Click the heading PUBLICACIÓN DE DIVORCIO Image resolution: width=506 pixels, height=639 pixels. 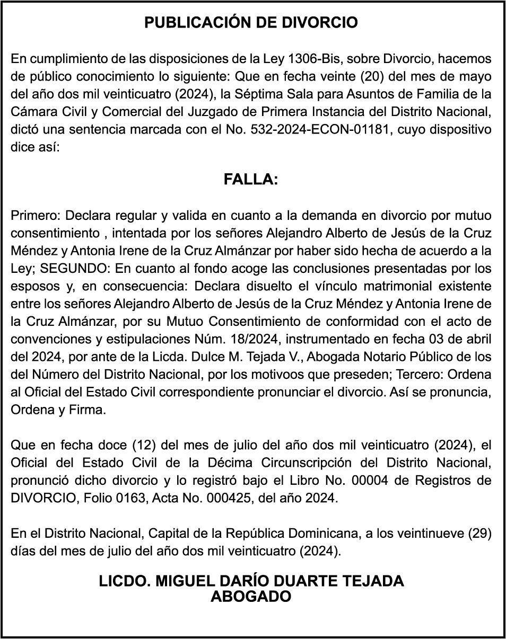pyautogui.click(x=251, y=23)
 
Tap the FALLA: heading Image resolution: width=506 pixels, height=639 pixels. pyautogui.click(x=251, y=180)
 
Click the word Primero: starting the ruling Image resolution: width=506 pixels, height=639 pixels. pyautogui.click(x=36, y=216)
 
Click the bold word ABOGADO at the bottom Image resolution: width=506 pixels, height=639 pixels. pyautogui.click(x=251, y=597)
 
